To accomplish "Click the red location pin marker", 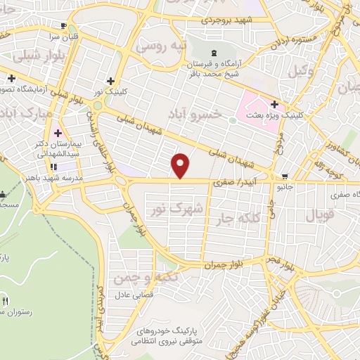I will [181, 165].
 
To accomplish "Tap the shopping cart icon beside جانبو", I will [284, 176].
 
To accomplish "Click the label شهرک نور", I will [177, 209].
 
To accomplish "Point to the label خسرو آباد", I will [198, 113].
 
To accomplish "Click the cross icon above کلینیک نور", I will [110, 81].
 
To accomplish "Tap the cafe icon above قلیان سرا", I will [65, 26].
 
